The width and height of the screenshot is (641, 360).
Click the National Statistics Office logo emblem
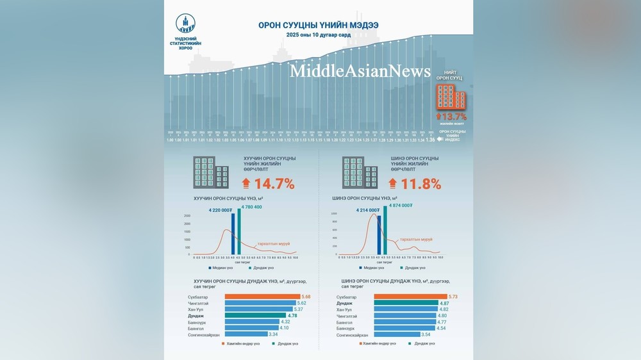click(x=185, y=23)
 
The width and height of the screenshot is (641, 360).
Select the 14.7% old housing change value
click(x=274, y=184)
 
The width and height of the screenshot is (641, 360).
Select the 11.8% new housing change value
click(x=420, y=184)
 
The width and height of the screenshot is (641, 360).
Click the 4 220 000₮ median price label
click(x=220, y=209)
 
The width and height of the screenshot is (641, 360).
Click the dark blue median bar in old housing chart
click(x=232, y=234)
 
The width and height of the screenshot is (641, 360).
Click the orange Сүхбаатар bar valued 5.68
click(x=262, y=297)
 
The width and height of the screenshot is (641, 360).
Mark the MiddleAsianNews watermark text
click(x=360, y=71)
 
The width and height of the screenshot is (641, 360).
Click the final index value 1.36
click(x=430, y=140)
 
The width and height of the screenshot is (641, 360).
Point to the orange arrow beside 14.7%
click(x=247, y=184)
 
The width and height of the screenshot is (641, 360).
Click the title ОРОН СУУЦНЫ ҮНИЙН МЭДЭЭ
click(x=318, y=25)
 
